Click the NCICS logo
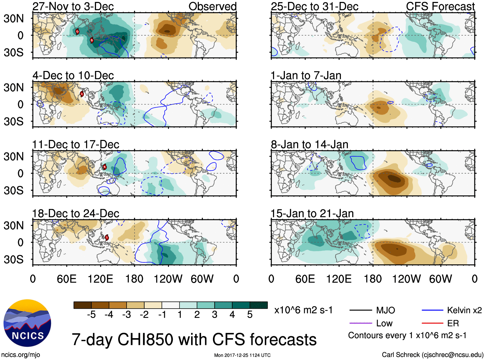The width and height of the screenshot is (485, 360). click(x=27, y=323)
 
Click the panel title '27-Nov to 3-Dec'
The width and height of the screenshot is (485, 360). click(x=73, y=6)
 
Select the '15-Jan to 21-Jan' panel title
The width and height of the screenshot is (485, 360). click(x=312, y=214)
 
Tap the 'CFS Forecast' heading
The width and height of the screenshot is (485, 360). click(x=440, y=6)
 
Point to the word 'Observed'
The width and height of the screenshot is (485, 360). click(x=212, y=6)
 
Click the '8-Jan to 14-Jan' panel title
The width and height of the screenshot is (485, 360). click(x=309, y=145)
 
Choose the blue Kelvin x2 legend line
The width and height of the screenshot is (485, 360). click(x=432, y=310)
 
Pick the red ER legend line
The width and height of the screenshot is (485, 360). click(x=432, y=323)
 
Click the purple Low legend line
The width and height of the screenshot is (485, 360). click(x=360, y=323)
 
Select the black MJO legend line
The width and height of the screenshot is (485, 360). click(x=360, y=310)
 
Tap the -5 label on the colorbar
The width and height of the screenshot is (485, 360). click(x=91, y=315)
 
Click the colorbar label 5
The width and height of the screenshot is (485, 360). click(x=250, y=315)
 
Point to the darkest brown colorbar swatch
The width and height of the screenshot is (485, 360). click(x=82, y=305)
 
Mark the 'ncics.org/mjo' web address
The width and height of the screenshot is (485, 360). click(x=21, y=355)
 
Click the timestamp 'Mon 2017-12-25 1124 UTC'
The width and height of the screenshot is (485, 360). click(x=242, y=355)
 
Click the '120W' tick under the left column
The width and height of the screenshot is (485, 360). click(x=168, y=279)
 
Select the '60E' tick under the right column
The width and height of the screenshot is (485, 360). click(x=305, y=279)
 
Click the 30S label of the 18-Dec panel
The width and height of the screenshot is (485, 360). click(x=13, y=259)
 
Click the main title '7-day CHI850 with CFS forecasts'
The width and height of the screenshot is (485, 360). click(x=194, y=340)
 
